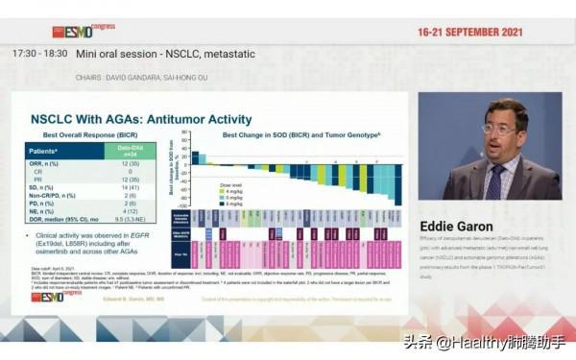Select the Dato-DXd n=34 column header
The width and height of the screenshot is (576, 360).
[131, 151]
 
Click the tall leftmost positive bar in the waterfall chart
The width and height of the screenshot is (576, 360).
[194, 157]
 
